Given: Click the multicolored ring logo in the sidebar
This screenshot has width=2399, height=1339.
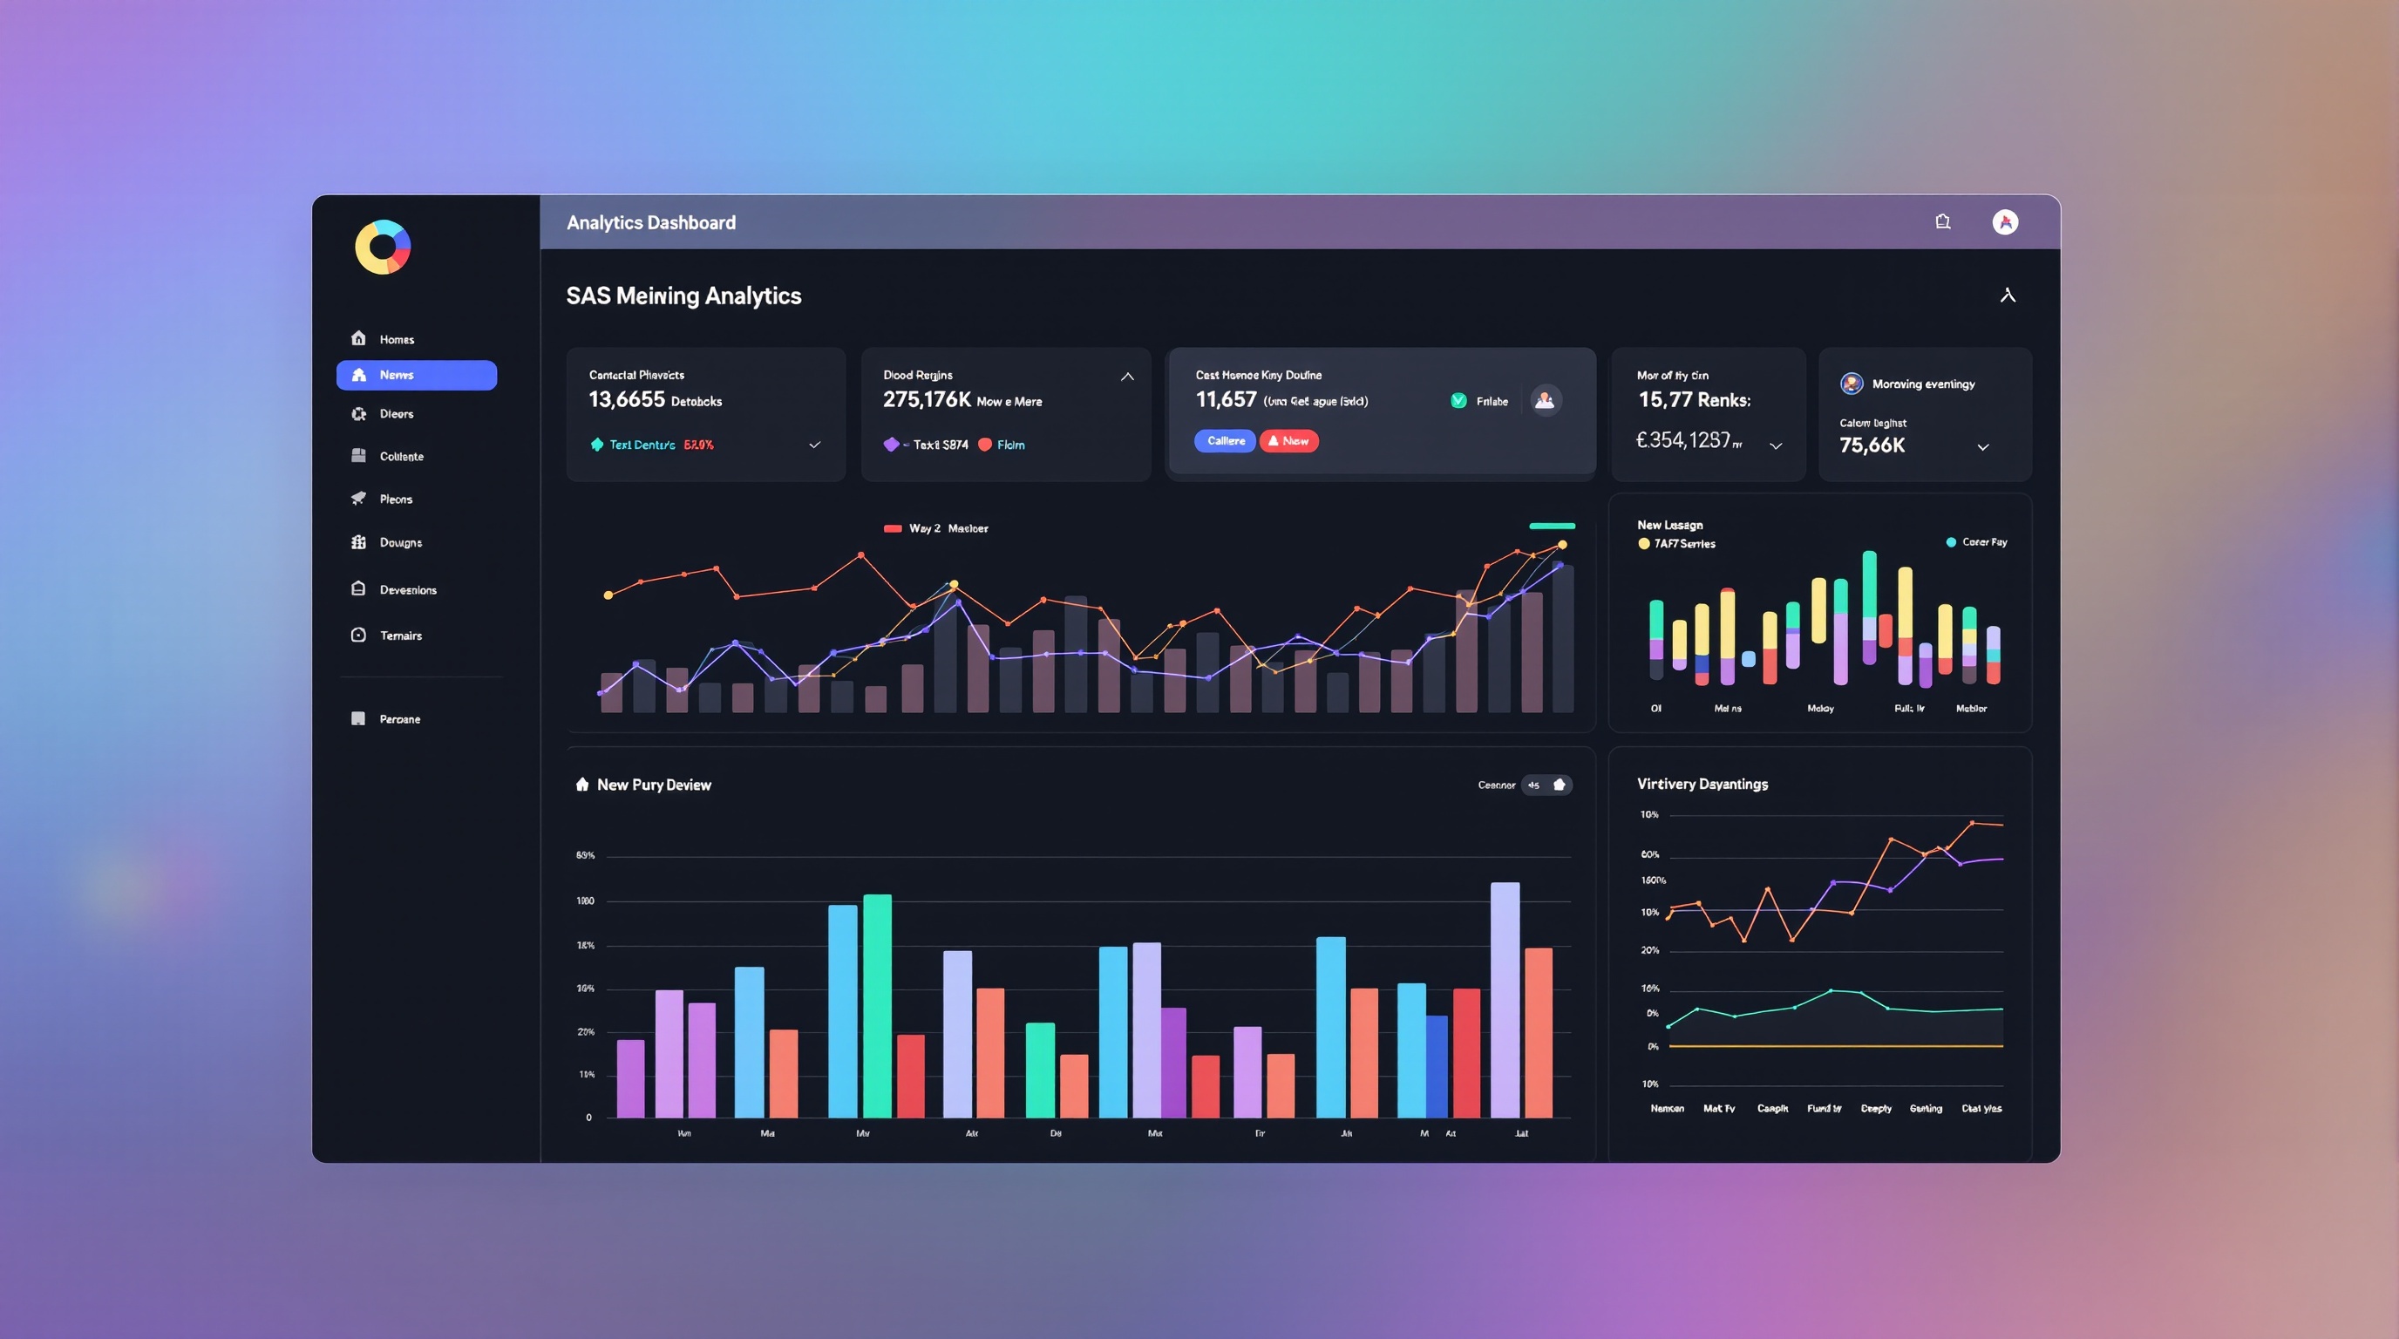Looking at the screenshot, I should [x=383, y=247].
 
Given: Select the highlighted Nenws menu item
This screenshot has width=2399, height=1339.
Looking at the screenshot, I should [x=417, y=375].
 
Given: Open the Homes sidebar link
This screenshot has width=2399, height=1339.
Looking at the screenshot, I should [x=396, y=339].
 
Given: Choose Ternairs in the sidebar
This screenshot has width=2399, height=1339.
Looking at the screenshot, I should [x=399, y=635].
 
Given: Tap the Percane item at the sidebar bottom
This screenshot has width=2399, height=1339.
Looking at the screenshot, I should [x=398, y=719].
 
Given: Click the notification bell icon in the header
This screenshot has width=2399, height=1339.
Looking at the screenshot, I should [x=1943, y=221].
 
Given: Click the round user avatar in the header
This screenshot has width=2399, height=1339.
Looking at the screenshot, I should [x=2005, y=221].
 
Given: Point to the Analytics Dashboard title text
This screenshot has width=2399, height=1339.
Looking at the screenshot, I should [x=651, y=222].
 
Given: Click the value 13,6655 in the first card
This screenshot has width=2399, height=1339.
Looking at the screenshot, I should [x=627, y=399].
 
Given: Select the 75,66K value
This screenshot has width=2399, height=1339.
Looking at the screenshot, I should [x=1872, y=445].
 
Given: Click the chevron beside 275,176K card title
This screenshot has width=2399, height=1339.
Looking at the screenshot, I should [x=1127, y=377].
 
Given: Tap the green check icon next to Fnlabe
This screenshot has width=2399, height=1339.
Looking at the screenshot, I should [x=1458, y=400].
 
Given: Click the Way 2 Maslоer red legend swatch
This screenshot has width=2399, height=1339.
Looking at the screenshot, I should [x=892, y=528].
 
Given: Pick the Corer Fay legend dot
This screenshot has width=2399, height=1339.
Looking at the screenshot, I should [x=1951, y=542].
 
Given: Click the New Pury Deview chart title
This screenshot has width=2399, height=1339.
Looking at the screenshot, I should [x=654, y=785].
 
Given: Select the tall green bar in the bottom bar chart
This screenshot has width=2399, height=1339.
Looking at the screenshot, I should [x=877, y=1006].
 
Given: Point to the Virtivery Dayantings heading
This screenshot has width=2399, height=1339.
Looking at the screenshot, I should [x=1702, y=784].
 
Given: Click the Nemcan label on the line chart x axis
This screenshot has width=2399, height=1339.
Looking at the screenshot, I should [x=1667, y=1108].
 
